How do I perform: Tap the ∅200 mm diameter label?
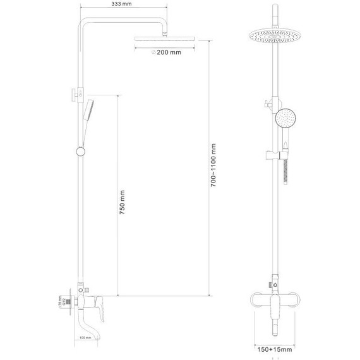point(167,52)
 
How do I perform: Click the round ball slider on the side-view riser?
point(80,151)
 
